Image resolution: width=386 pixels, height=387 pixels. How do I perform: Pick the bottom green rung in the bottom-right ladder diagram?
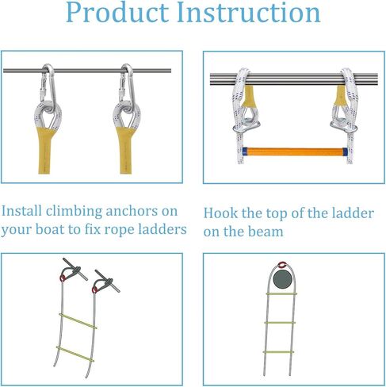tap(283, 351)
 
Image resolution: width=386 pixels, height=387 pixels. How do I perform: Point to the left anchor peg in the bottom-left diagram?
tap(69, 270)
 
